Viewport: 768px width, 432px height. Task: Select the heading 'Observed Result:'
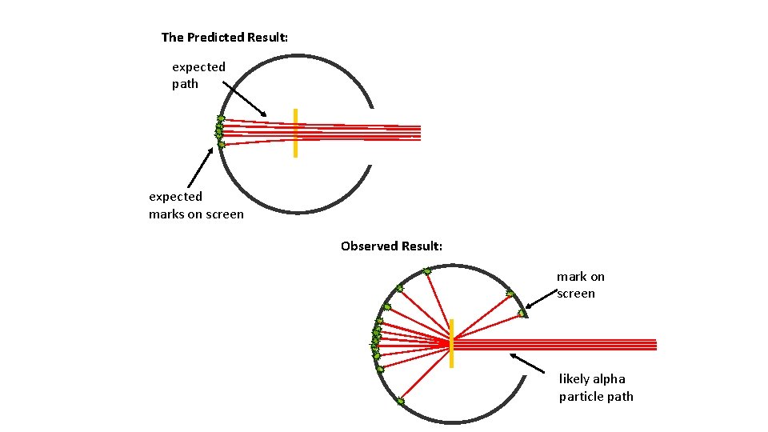391,246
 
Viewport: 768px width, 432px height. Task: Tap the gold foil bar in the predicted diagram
295,132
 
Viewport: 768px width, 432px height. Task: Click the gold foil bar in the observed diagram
451,343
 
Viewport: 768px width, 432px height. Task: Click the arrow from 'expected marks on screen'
201,168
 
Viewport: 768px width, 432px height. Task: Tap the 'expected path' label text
198,75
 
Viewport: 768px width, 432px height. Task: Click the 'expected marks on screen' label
196,205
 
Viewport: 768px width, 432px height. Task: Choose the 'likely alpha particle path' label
596,387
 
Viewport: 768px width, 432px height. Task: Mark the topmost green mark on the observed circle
427,272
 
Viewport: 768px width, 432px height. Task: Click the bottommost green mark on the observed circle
400,401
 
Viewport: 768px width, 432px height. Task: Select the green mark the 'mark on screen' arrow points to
522,312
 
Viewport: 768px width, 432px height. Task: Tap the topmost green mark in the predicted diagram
221,118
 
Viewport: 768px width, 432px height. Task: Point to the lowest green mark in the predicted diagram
221,145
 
